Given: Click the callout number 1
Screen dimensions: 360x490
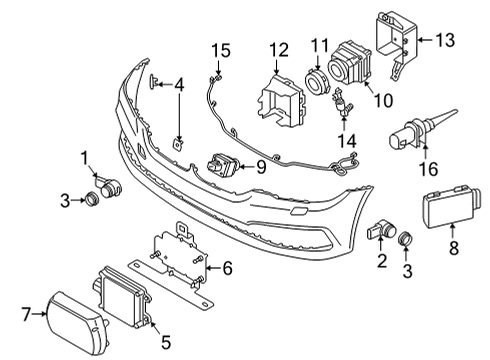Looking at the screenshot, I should coord(86,156).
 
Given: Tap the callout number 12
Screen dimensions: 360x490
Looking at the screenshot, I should coord(277,49).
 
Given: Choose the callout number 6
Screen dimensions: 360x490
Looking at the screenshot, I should coord(226,267).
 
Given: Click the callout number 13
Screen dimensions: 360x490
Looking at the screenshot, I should coord(443,40).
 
